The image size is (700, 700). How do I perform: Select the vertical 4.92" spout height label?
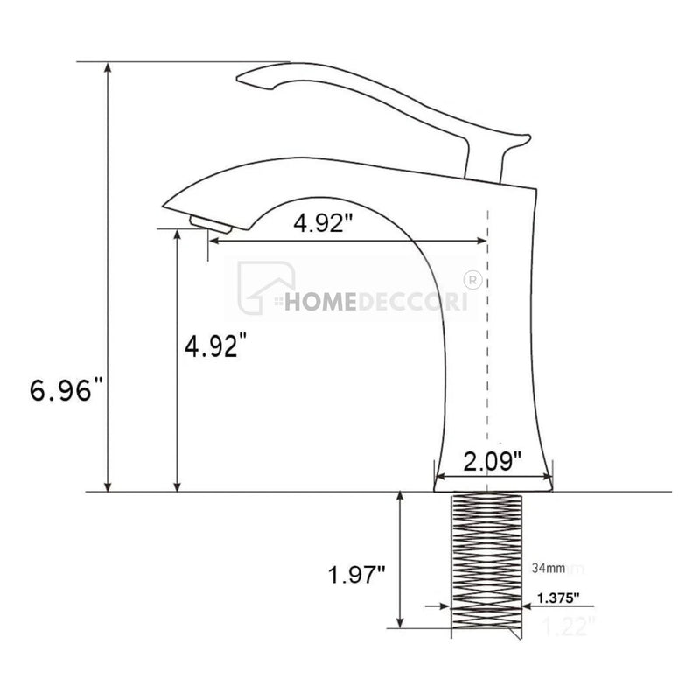click(x=211, y=347)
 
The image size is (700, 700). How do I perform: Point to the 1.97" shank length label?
click(x=357, y=576)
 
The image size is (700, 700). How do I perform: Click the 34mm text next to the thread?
click(x=548, y=569)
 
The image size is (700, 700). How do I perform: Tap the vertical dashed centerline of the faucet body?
click(x=487, y=350)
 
